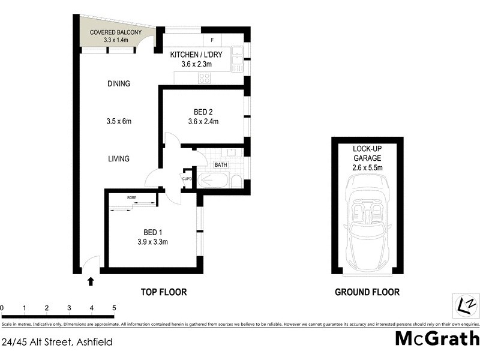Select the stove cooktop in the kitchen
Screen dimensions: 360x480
point(205,77)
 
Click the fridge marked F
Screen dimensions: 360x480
point(212,40)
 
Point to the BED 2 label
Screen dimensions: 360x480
point(203,112)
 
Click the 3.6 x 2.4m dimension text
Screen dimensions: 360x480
point(203,122)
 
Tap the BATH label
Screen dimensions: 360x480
point(221,165)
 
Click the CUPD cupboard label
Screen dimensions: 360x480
point(187,178)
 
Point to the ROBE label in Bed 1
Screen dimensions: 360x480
point(131,197)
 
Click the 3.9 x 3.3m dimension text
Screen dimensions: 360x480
point(151,242)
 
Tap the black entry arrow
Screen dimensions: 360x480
point(91,280)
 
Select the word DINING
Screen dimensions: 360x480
point(119,84)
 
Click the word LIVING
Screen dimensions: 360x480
point(119,158)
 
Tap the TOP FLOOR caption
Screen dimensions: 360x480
point(164,292)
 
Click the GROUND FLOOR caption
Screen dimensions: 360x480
point(367,292)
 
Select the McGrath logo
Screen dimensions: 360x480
point(437,338)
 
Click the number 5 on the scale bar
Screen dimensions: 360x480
point(114,308)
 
